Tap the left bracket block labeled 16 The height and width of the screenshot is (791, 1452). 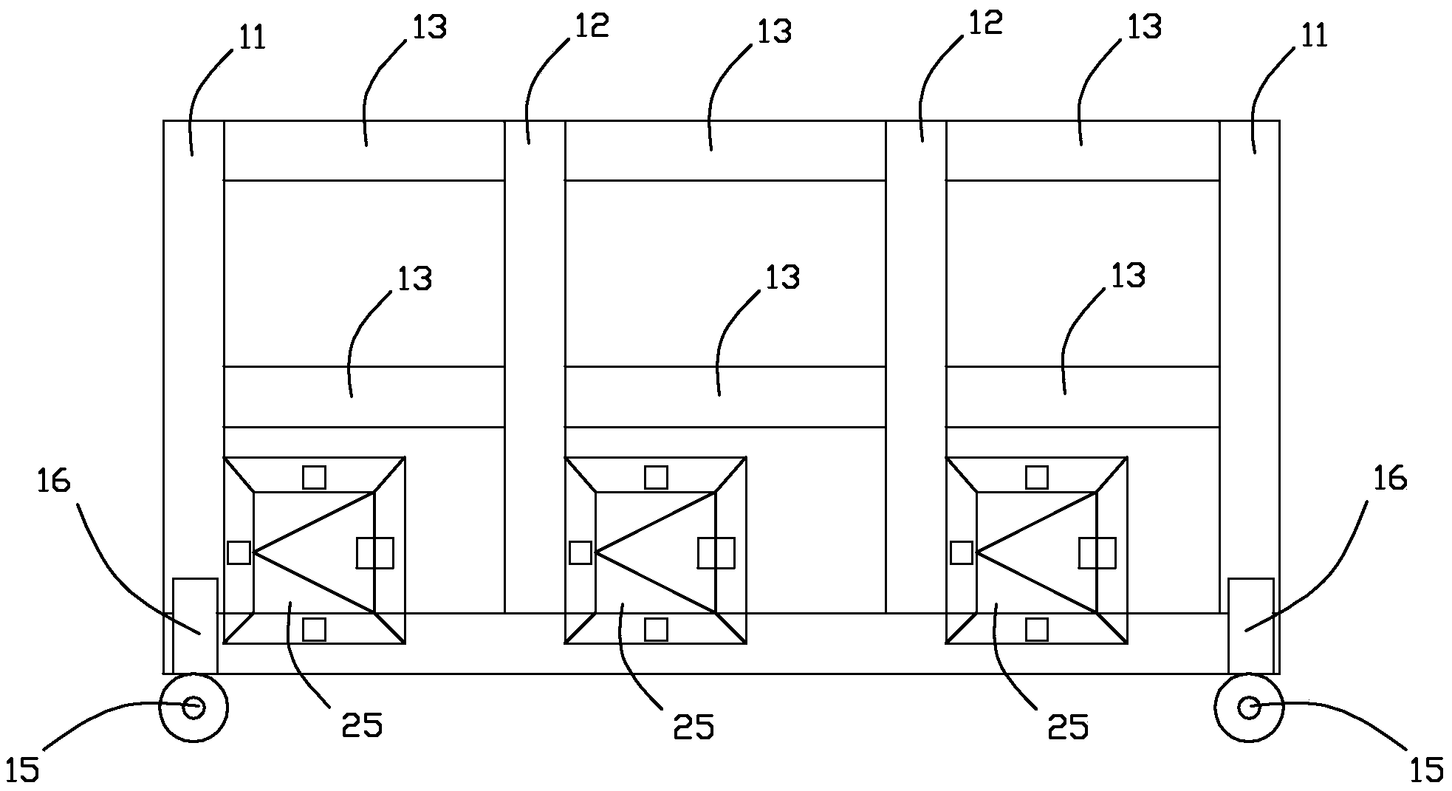click(x=195, y=626)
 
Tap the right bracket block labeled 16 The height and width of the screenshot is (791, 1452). click(x=1251, y=626)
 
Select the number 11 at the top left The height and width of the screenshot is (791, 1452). click(x=252, y=36)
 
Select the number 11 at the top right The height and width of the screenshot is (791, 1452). click(x=1313, y=35)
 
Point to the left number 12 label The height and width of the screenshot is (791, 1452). click(x=592, y=25)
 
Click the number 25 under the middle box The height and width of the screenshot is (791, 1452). click(x=694, y=727)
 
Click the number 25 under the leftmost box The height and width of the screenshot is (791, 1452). click(x=363, y=725)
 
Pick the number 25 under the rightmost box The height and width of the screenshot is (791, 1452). click(x=1069, y=727)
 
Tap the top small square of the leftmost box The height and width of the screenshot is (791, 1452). click(x=314, y=477)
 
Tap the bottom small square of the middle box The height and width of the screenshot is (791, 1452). click(x=656, y=629)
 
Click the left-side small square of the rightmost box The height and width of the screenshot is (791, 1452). click(x=961, y=552)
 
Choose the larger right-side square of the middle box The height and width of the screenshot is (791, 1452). click(x=716, y=553)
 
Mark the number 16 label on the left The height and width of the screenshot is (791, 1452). click(x=53, y=481)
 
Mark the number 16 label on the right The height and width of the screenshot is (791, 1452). click(x=1390, y=479)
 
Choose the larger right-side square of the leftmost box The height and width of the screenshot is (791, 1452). click(x=374, y=553)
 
